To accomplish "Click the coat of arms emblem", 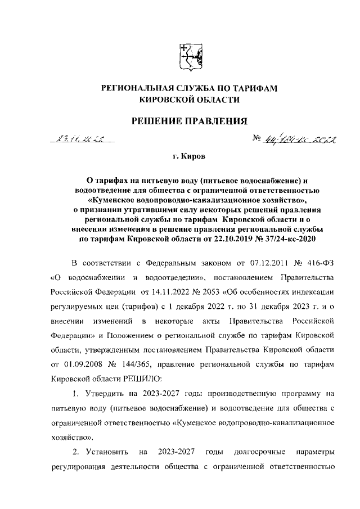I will [190, 57].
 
